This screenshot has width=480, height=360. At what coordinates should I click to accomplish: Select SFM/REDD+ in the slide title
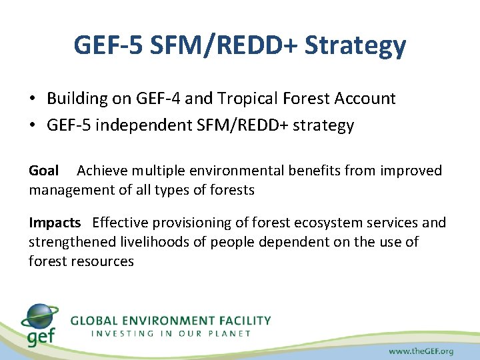[225, 45]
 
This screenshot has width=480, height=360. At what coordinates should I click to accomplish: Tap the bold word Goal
[44, 171]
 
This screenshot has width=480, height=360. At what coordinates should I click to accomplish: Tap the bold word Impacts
[55, 223]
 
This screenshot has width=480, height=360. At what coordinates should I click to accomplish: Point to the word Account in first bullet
[365, 99]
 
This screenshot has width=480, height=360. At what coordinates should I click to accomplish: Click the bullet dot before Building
[33, 99]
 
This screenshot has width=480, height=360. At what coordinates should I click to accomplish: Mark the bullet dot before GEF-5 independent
[33, 126]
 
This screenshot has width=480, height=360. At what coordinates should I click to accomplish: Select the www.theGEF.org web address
[421, 350]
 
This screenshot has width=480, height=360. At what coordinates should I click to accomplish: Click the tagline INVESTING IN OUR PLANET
[171, 333]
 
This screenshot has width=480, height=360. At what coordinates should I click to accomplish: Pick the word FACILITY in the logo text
[242, 321]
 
